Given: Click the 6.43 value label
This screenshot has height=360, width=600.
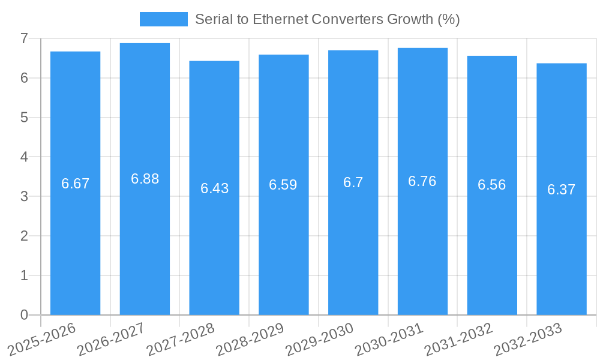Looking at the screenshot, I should [214, 188].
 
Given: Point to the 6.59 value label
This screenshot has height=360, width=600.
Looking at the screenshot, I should [283, 185].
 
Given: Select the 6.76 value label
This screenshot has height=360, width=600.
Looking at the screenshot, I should [422, 181].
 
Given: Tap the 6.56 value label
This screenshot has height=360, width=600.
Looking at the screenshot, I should [492, 185].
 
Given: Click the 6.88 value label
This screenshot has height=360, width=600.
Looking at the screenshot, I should [145, 179].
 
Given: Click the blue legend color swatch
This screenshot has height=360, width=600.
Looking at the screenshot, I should [163, 19].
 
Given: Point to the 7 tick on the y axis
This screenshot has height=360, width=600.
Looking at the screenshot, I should [24, 38].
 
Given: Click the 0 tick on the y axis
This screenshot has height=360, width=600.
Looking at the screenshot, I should [24, 315].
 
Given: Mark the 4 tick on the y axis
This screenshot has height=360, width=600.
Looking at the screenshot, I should [24, 157].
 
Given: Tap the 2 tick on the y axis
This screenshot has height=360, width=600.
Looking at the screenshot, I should [24, 236].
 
